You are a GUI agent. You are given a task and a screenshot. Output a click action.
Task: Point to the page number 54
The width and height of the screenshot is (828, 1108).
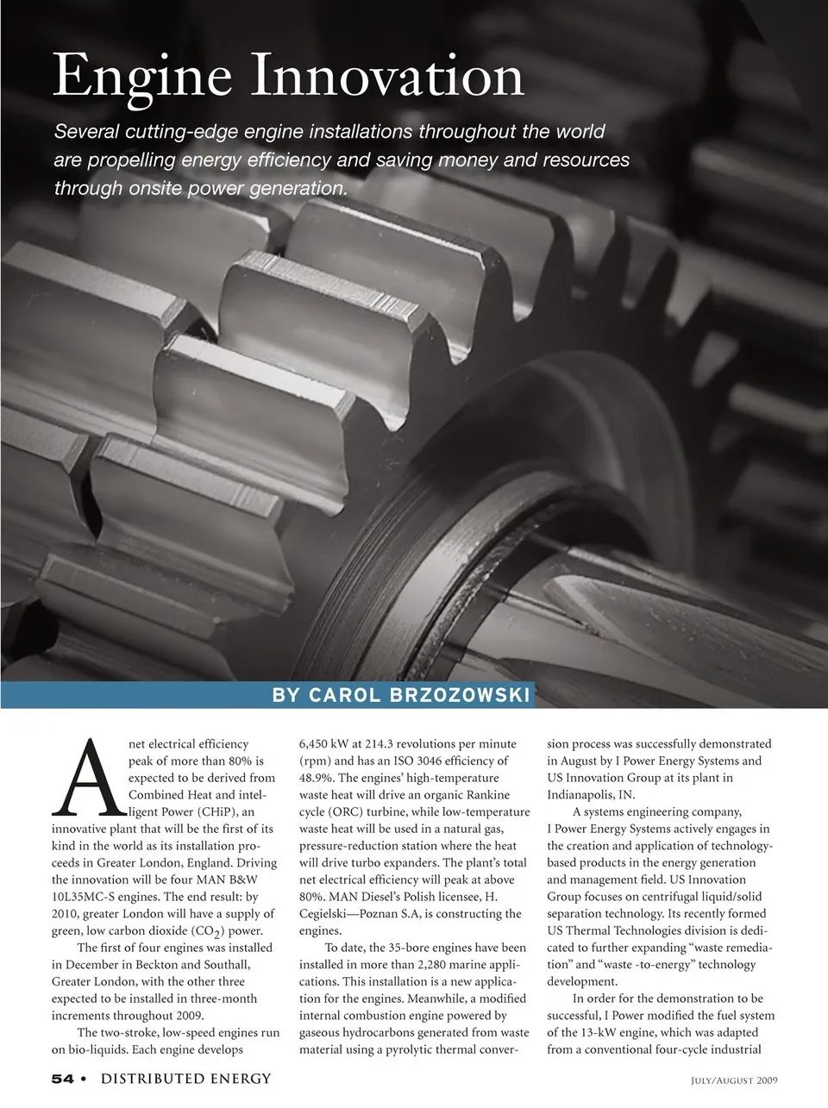[x=62, y=1079]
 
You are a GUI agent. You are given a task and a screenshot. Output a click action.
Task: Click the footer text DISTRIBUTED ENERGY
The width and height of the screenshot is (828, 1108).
[x=186, y=1079]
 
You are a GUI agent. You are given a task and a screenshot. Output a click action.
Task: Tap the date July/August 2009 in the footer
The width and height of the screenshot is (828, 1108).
[x=735, y=1080]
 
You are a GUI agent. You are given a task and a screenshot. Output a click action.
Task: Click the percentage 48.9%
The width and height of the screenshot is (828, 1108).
[x=317, y=778]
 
